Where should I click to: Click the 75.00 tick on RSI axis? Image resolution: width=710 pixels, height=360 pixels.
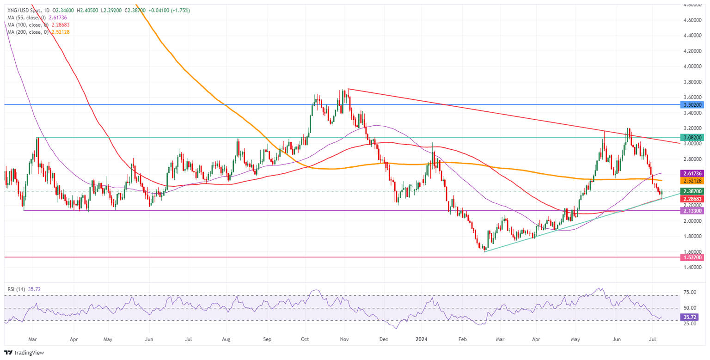pos(690,292)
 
